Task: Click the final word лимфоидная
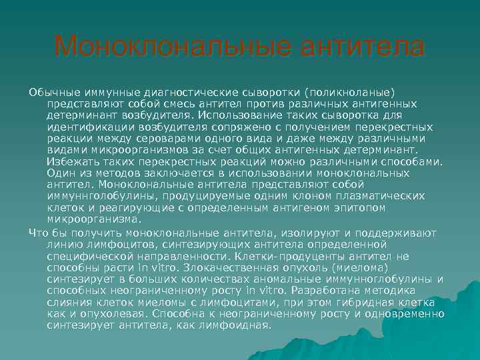[239, 325]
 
